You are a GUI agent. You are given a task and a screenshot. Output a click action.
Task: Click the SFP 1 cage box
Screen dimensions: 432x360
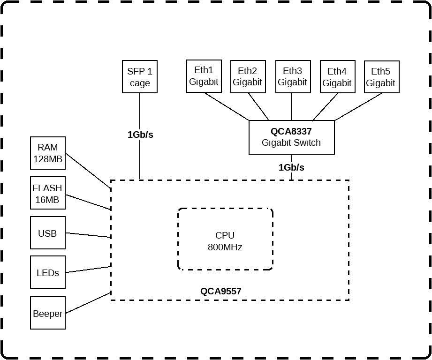click(140, 77)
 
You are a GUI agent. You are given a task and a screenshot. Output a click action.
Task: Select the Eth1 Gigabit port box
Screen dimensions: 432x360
click(204, 76)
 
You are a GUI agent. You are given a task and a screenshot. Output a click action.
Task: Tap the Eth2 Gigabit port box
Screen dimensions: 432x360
click(248, 77)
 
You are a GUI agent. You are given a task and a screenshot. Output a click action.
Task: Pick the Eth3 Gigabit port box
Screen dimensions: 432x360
click(293, 77)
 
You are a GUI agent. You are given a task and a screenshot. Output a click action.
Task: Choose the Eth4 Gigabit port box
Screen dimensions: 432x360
click(338, 77)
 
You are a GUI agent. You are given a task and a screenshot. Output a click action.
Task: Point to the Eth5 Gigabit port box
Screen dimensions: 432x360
click(382, 77)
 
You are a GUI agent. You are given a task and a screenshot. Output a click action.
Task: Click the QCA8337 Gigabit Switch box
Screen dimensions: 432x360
click(292, 137)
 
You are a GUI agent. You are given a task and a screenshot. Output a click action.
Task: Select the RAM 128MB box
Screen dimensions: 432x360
click(48, 153)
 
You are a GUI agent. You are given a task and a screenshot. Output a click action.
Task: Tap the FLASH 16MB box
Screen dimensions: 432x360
click(48, 193)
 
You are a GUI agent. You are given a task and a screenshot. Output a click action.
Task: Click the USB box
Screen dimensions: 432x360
click(48, 233)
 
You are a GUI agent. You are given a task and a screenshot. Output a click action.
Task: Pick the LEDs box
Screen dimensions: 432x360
click(48, 272)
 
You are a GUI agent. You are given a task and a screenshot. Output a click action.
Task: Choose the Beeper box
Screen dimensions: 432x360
click(48, 313)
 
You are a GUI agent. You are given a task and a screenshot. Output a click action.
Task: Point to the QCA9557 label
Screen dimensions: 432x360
click(220, 291)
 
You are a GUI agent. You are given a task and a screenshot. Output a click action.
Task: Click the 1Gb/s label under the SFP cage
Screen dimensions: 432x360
click(140, 135)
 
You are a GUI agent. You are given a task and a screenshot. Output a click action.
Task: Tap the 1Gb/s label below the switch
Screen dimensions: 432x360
click(291, 167)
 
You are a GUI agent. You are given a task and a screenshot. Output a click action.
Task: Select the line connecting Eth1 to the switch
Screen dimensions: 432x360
click(227, 106)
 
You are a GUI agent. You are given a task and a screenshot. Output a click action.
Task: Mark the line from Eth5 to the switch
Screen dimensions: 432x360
click(358, 107)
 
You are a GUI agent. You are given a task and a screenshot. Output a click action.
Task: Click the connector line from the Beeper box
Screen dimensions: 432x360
click(88, 303)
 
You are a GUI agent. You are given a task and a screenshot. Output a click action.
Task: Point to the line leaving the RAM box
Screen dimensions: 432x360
click(88, 171)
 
